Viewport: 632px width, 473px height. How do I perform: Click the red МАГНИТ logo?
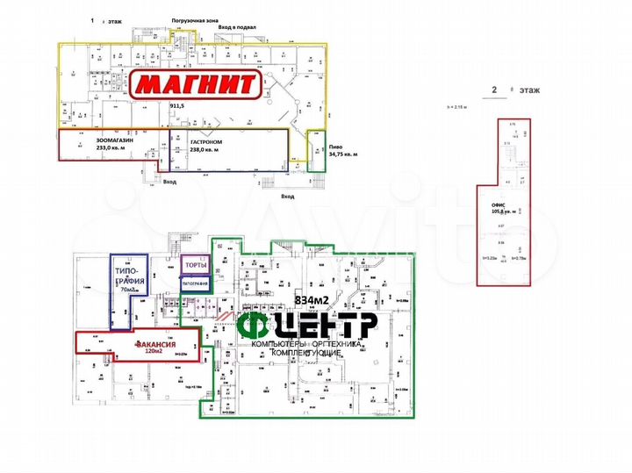pos(195,85)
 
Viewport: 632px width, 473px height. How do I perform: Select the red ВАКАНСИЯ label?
pos(156,344)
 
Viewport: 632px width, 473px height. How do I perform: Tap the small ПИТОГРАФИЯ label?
pos(194,283)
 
